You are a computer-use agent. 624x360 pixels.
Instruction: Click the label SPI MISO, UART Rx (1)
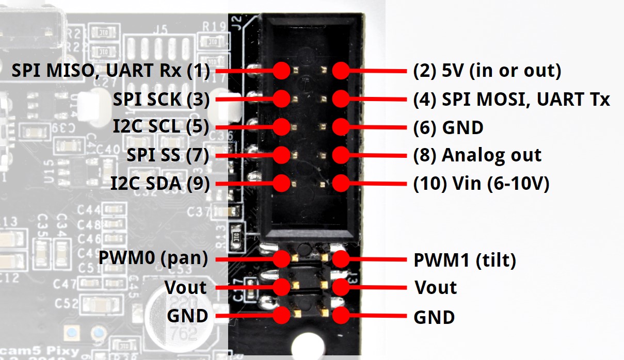(110, 71)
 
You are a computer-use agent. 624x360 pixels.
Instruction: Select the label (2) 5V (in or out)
(487, 71)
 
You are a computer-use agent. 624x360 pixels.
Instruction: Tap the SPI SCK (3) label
(161, 99)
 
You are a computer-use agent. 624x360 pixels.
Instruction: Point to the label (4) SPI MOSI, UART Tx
(511, 99)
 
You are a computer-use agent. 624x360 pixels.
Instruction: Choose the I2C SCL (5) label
(161, 127)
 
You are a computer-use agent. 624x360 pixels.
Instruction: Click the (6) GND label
(448, 127)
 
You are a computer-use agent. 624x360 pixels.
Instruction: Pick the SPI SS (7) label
(168, 155)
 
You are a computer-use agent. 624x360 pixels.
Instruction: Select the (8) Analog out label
(477, 155)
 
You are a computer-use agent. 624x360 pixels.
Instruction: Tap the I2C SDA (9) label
(160, 183)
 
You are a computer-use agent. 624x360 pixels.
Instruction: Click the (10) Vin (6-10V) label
(481, 183)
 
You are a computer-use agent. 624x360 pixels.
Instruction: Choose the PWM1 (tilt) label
(465, 260)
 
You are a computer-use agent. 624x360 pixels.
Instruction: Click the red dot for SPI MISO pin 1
(282, 71)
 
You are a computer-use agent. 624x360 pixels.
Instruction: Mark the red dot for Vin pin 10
(340, 183)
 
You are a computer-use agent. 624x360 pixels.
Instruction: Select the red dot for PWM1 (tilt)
(340, 259)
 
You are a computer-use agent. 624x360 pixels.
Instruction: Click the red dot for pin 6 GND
(340, 127)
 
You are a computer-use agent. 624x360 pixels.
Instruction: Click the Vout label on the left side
(185, 287)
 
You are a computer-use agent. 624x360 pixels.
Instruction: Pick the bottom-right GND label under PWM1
(434, 317)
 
